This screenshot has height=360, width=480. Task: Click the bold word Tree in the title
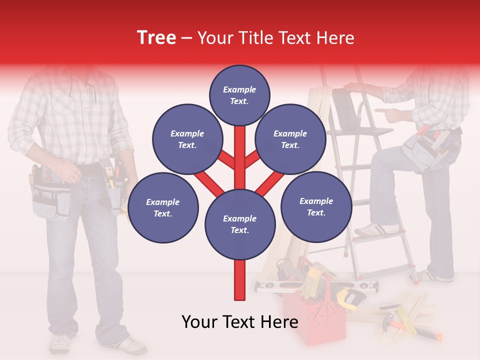coord(156,38)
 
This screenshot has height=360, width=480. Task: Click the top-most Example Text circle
coord(239,95)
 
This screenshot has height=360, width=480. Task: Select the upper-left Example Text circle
coord(187,139)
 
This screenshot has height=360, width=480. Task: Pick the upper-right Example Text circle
coord(290,139)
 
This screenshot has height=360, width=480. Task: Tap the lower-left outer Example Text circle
coord(163,207)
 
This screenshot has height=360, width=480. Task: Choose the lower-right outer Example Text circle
coord(316,206)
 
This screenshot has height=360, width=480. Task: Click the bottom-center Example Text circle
coord(239,224)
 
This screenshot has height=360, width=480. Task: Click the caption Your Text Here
coord(239,322)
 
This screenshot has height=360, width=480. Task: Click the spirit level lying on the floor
coord(280,286)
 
